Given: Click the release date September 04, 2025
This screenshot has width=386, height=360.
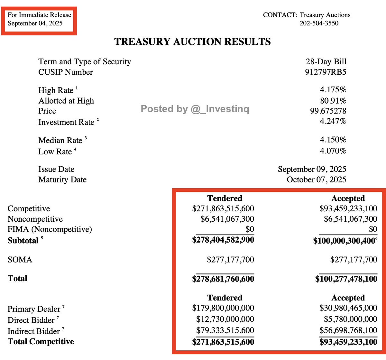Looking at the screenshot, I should (x=35, y=23).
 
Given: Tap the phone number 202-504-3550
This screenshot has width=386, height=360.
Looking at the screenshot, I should (x=319, y=23).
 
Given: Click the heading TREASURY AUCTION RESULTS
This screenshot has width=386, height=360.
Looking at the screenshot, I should (x=192, y=42).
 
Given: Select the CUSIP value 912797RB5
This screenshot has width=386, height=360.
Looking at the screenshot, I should (x=326, y=72).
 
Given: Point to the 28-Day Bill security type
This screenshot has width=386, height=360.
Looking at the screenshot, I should (x=326, y=61).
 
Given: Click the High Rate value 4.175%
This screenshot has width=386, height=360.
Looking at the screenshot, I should (x=333, y=89).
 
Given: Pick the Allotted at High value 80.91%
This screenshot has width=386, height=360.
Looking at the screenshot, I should (x=333, y=101).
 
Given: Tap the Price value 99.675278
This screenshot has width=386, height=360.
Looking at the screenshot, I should (x=328, y=111).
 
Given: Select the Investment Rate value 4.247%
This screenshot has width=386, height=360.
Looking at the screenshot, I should (x=333, y=121).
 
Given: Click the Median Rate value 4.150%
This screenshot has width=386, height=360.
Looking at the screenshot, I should (x=333, y=140).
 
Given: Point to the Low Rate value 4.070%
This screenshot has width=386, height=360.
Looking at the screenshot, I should (x=333, y=151).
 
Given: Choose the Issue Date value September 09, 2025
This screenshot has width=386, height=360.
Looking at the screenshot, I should (x=312, y=169).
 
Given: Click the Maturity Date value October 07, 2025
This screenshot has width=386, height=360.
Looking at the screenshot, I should (x=317, y=180).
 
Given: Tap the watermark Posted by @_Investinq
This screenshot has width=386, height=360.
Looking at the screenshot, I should (x=195, y=109).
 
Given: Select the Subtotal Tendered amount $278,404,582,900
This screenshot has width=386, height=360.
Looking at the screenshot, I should (x=223, y=240).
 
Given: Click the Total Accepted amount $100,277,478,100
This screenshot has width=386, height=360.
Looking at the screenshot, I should (x=346, y=279).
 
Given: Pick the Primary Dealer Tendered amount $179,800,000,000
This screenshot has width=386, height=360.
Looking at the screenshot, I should (x=223, y=308).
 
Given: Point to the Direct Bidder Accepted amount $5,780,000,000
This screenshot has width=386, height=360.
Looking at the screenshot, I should (x=350, y=319).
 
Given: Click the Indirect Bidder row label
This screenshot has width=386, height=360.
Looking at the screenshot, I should (x=34, y=331).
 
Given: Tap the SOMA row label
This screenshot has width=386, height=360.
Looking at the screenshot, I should (x=20, y=260).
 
